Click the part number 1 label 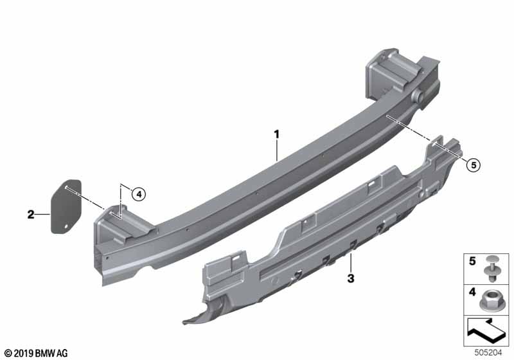[x=277, y=134]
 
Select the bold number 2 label [x=31, y=215]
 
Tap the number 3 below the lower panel [x=351, y=279]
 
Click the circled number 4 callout [x=139, y=194]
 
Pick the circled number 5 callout [x=474, y=165]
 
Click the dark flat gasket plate [x=66, y=206]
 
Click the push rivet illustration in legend [x=491, y=269]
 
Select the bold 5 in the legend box [x=472, y=261]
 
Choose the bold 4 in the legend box [x=472, y=291]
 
